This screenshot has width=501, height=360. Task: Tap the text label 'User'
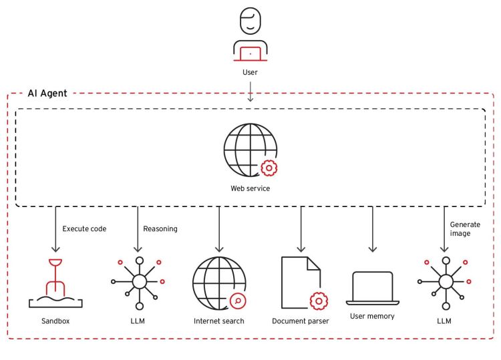(250, 71)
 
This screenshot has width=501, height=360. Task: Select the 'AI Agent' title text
(47, 94)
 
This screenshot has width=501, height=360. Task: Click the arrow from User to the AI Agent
(250, 91)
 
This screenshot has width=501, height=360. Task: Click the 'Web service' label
(250, 188)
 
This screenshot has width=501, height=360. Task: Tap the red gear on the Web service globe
(269, 168)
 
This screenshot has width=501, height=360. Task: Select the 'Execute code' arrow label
(85, 228)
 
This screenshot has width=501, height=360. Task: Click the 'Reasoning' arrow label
(160, 228)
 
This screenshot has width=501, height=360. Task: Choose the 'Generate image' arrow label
(465, 229)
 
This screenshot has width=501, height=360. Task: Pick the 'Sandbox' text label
(55, 321)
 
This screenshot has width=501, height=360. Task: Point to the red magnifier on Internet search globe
(237, 301)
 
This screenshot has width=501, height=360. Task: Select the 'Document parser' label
(300, 321)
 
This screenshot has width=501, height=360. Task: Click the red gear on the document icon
(319, 301)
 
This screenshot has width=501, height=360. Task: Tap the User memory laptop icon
(372, 288)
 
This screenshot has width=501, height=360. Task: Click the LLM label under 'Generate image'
(444, 321)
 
